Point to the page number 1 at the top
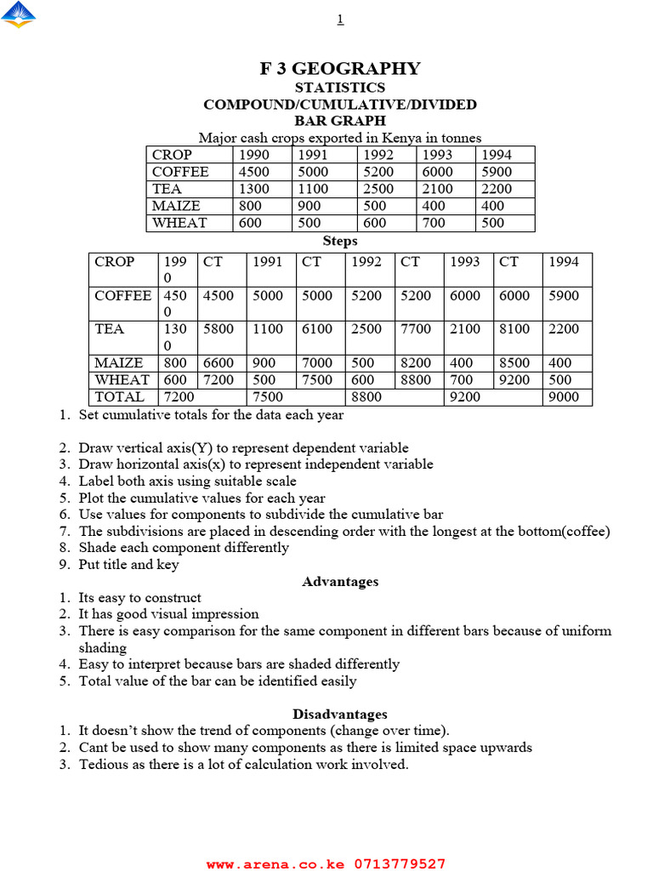pyautogui.click(x=340, y=20)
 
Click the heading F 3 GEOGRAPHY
pyautogui.click(x=339, y=69)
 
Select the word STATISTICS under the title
pyautogui.click(x=339, y=88)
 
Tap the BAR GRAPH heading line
pyautogui.click(x=339, y=121)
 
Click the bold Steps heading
pyautogui.click(x=339, y=242)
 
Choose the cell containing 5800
pyautogui.click(x=218, y=329)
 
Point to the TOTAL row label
pyautogui.click(x=120, y=397)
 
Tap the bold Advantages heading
pyautogui.click(x=339, y=582)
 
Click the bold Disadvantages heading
pyautogui.click(x=339, y=714)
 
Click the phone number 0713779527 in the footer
pyautogui.click(x=399, y=864)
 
